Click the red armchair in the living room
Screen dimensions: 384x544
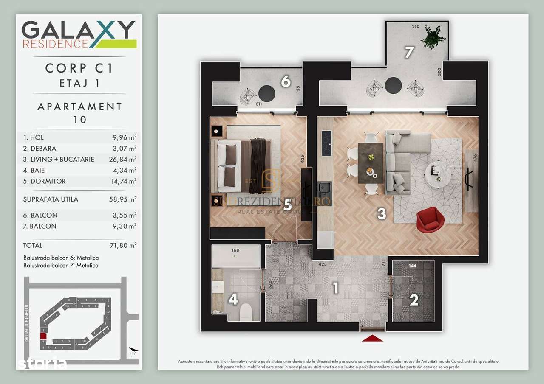coord(430,220)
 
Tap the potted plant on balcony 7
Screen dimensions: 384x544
coord(433,37)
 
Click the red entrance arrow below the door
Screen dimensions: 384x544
coord(372,338)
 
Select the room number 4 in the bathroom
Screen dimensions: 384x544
coord(233,300)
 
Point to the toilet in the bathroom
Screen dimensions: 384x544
coord(246,313)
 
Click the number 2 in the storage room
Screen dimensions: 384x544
coord(414,300)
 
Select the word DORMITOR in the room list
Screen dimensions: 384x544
coord(48,181)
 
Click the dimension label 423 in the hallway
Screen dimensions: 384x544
coord(323,264)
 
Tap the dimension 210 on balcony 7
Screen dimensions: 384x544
coord(416,27)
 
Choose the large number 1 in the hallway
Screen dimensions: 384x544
coord(335,288)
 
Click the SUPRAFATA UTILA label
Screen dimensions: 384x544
coord(51,199)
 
